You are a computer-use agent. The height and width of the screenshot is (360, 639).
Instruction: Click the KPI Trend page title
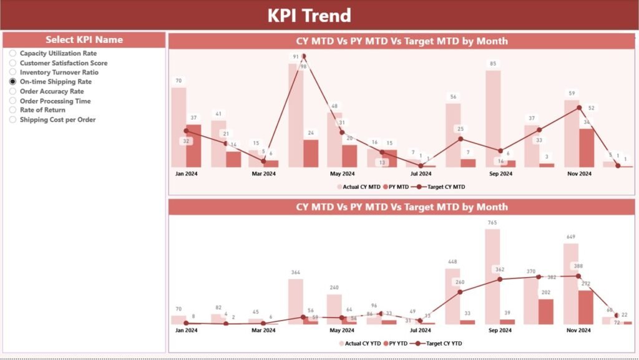309,15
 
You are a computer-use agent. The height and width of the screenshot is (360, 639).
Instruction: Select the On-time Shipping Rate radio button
12,82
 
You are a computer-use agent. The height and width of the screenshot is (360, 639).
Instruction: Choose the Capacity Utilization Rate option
12,54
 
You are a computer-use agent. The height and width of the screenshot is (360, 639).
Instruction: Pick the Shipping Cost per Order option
12,120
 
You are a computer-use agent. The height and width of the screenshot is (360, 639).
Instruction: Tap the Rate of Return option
12,110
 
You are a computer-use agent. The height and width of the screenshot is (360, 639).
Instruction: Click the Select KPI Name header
84,40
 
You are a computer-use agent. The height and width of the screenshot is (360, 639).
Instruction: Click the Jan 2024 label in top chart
185,174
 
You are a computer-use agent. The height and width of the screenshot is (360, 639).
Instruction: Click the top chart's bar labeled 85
493,119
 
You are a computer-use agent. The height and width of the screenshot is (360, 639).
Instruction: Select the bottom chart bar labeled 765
493,276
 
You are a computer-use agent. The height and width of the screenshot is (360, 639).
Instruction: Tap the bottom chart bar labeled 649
571,284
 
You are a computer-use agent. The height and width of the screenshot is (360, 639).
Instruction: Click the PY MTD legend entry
394,187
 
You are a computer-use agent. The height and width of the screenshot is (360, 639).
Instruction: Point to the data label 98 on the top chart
303,66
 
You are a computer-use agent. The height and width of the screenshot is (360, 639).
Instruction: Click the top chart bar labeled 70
179,127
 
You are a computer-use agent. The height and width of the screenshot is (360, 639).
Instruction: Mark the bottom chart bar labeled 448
453,296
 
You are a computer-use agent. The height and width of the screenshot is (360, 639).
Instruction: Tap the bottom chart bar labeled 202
546,311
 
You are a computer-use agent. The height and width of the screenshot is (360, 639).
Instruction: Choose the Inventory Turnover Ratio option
12,72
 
